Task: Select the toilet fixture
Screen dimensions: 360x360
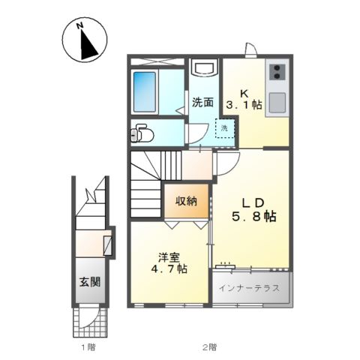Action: (x=140, y=134)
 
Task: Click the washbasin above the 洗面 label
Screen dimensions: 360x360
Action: (x=203, y=70)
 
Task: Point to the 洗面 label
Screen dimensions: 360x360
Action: (x=202, y=102)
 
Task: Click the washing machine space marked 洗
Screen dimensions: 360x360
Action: (x=224, y=128)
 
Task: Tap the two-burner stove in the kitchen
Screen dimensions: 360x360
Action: (x=277, y=73)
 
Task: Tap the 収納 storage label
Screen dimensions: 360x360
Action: (x=187, y=200)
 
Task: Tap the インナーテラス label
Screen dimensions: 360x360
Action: (x=250, y=287)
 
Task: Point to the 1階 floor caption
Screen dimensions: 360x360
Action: (x=88, y=347)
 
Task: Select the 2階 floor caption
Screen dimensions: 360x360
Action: (x=208, y=347)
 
